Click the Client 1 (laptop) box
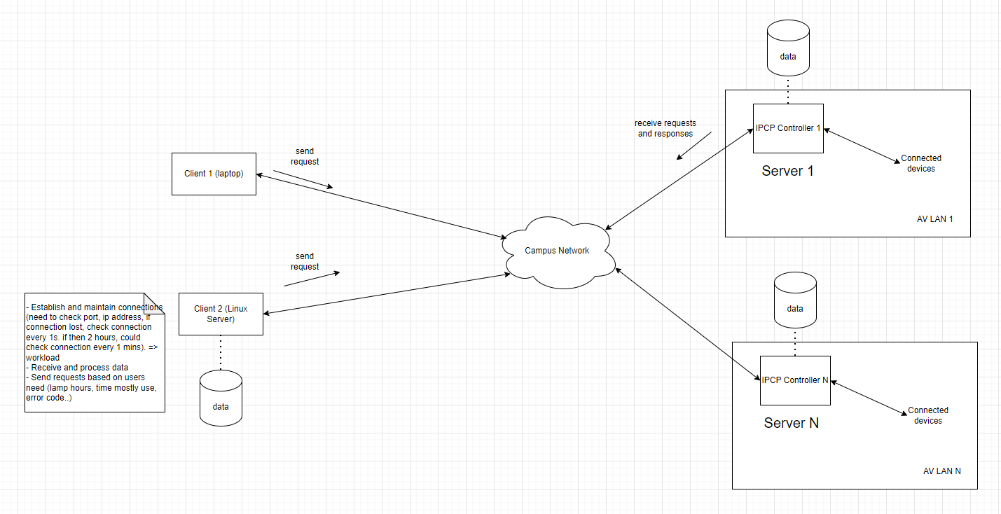(214, 174)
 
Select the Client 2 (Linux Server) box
(221, 314)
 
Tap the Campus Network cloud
(557, 251)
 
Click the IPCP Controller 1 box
(787, 128)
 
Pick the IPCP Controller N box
(794, 380)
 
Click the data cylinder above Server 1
(788, 49)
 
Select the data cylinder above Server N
(795, 301)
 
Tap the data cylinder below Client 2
(221, 399)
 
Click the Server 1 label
(787, 171)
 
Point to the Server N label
(791, 423)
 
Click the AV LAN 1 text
(934, 219)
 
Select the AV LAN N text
(941, 471)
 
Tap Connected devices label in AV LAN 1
(920, 163)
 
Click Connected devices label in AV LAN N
(927, 415)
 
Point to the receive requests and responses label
(665, 128)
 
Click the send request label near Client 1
(305, 156)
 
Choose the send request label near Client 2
(305, 261)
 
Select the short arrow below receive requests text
(693, 146)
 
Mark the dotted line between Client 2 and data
(221, 353)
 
